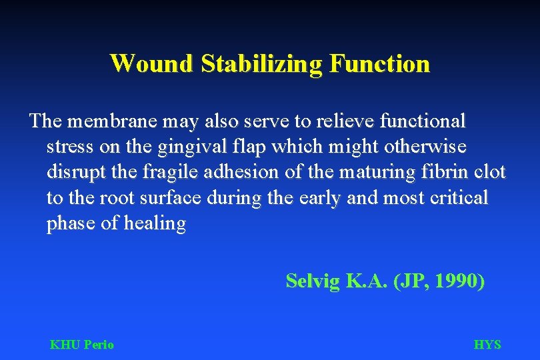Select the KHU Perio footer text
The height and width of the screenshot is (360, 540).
[x=81, y=345]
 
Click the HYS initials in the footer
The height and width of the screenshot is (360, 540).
[x=487, y=345]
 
